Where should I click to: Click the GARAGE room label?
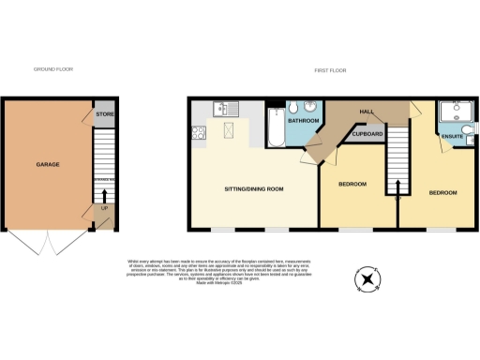pos(48,164)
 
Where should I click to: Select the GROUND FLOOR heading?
pos(52,69)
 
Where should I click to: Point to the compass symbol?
pos(366,280)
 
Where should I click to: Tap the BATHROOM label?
pos(304,122)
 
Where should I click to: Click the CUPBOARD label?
pos(367,134)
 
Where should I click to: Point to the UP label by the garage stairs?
pos(104,208)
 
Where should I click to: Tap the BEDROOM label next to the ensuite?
pos(442,192)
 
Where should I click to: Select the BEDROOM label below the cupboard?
pos(352,183)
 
